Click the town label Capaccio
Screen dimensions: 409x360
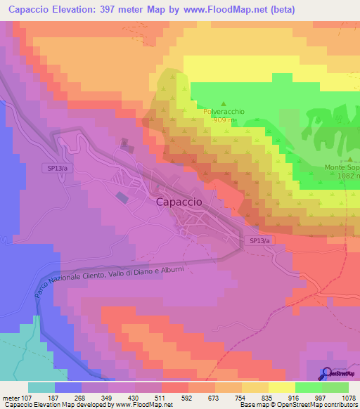pyautogui.click(x=178, y=201)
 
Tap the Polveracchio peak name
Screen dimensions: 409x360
pyautogui.click(x=224, y=111)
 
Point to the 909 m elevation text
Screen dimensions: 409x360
pyautogui.click(x=224, y=120)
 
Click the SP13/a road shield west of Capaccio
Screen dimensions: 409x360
pyautogui.click(x=57, y=169)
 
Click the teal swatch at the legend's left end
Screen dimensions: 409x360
pyautogui.click(x=41, y=387)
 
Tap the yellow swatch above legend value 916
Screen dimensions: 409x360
pyautogui.click(x=281, y=387)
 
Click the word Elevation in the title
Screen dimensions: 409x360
pyautogui.click(x=77, y=9)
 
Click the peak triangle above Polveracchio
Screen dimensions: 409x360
pyautogui.click(x=224, y=103)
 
